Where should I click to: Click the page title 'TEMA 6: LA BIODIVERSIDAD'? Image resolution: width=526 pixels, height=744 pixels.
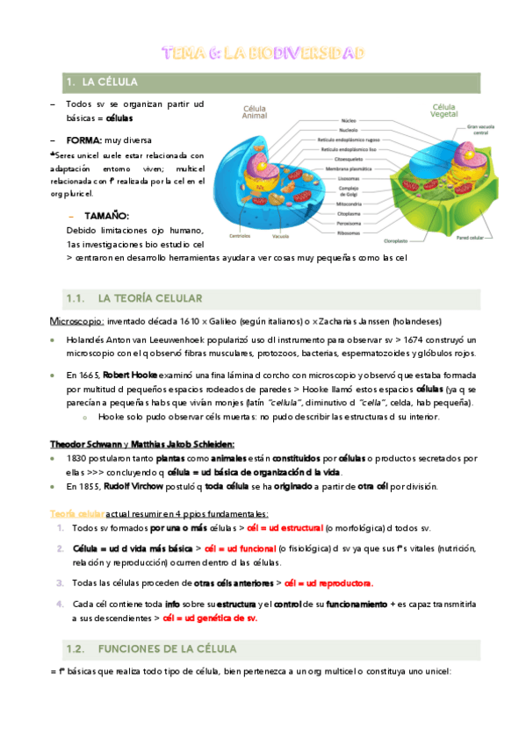pyautogui.click(x=263, y=54)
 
